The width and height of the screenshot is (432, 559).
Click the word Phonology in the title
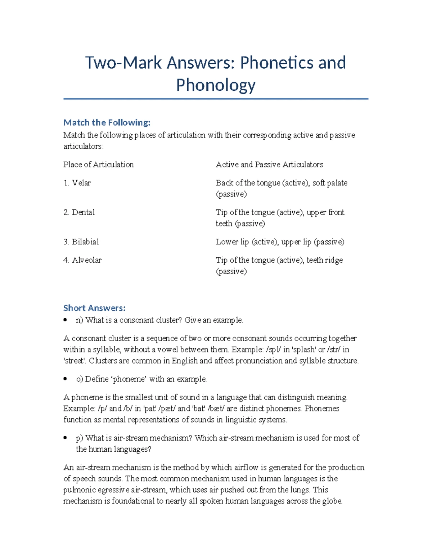pyautogui.click(x=216, y=85)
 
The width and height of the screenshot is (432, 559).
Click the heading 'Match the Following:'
pyautogui.click(x=107, y=122)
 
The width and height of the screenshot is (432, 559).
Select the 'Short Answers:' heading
pyautogui.click(x=94, y=308)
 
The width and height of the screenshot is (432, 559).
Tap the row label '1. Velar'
pyautogui.click(x=77, y=183)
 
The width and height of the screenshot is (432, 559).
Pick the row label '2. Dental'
pyautogui.click(x=79, y=212)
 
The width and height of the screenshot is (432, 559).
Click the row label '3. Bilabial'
pyautogui.click(x=81, y=242)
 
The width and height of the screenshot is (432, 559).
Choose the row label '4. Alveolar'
pyautogui.click(x=82, y=260)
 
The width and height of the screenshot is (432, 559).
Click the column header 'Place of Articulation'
pyautogui.click(x=98, y=164)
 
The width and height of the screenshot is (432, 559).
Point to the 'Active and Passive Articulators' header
pyautogui.click(x=269, y=164)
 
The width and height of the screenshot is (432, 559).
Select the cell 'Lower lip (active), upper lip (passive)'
pyautogui.click(x=280, y=242)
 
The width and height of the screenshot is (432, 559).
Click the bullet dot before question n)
pyautogui.click(x=65, y=320)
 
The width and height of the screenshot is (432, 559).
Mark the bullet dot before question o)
pyautogui.click(x=65, y=379)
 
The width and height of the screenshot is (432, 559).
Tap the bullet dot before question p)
pyautogui.click(x=65, y=438)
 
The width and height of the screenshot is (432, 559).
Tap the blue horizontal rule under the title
pyautogui.click(x=216, y=99)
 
